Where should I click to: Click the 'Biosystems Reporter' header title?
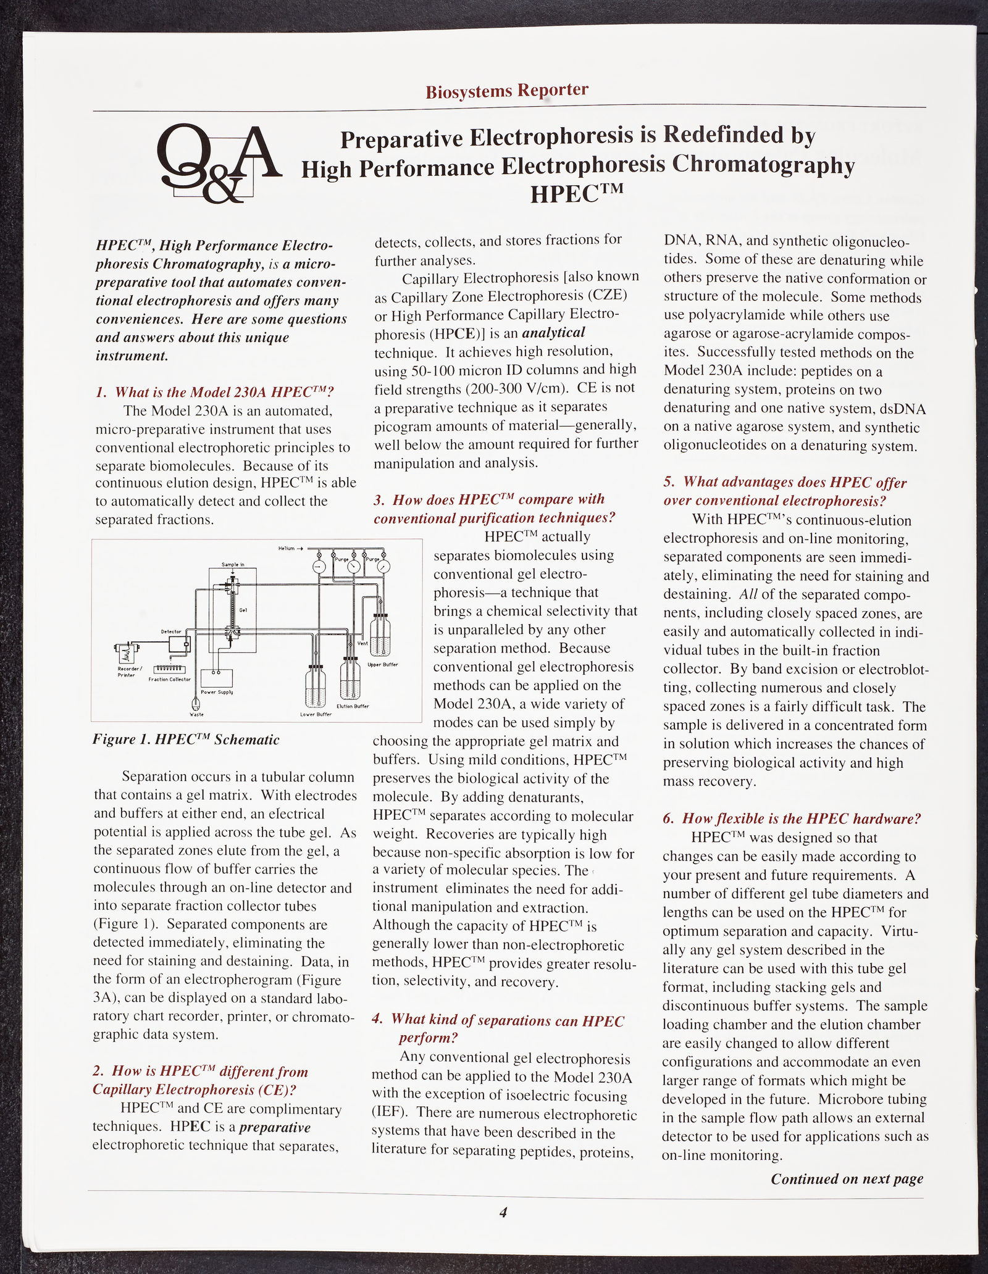(506, 91)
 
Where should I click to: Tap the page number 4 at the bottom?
(503, 1213)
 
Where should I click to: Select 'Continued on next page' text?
(847, 1178)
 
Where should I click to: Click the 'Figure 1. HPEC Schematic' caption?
(186, 739)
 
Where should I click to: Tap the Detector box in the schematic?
(180, 645)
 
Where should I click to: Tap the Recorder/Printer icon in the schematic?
(125, 652)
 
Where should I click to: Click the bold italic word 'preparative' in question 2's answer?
(274, 1127)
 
